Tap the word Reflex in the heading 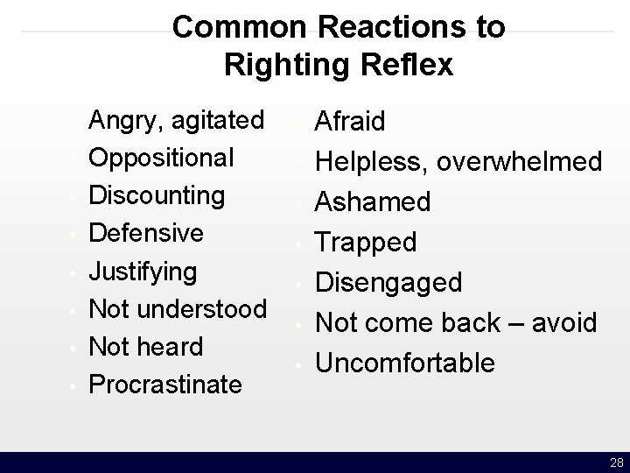click(408, 65)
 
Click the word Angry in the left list click(125, 119)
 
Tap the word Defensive click(147, 233)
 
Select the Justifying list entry click(144, 272)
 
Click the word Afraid click(350, 122)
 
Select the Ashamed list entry click(373, 202)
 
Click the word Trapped click(366, 242)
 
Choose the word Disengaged click(388, 283)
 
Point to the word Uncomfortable click(405, 362)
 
